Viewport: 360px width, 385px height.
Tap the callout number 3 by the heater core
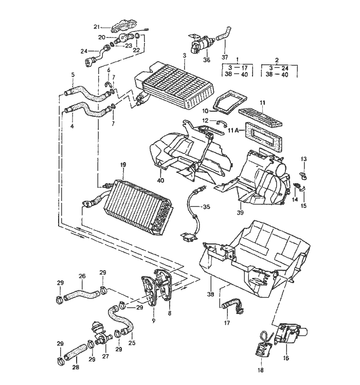[184, 56]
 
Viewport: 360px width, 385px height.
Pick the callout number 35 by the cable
[206, 207]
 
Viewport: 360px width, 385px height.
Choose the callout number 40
[161, 180]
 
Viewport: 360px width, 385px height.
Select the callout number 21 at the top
[97, 27]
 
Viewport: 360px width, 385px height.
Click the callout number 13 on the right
[303, 159]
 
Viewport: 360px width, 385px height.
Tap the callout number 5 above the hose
[73, 75]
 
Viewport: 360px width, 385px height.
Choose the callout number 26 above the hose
[82, 276]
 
